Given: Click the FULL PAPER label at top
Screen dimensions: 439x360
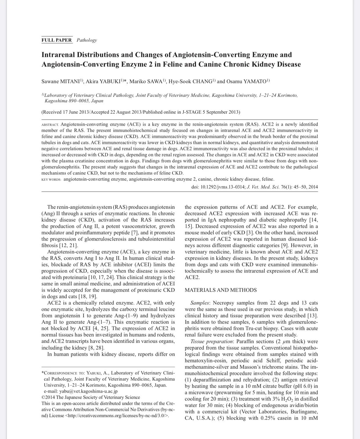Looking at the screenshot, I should coord(57,40).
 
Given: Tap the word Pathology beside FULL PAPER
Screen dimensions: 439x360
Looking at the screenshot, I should coord(87,40).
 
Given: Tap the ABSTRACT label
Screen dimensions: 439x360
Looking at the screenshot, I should coord(50,124).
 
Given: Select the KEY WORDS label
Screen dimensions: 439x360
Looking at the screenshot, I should coord(51,180).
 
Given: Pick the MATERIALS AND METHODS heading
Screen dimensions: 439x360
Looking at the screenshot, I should coord(221,290).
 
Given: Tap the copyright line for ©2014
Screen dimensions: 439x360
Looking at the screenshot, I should coord(91,398).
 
